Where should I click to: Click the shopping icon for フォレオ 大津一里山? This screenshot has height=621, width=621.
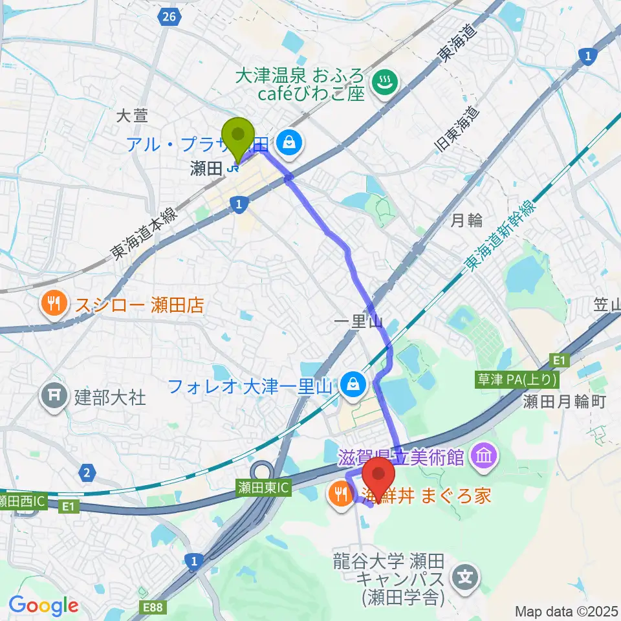click(x=354, y=386)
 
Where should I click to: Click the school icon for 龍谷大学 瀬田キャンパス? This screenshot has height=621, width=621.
click(x=467, y=574)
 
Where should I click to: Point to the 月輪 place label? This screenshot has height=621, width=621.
click(x=466, y=221)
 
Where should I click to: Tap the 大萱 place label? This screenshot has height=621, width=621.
click(x=132, y=116)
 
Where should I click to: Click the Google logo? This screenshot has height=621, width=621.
click(x=44, y=605)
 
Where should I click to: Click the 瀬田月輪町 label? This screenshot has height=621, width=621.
click(x=563, y=402)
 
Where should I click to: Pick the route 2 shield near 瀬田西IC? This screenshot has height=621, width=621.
click(x=86, y=473)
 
